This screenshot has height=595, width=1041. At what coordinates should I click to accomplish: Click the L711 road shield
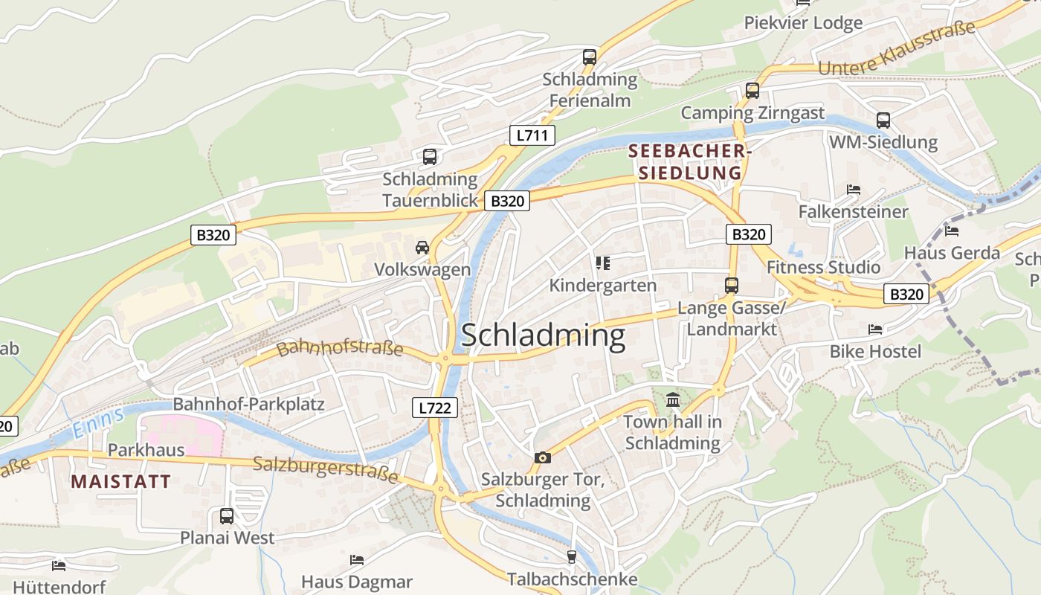pos(532,135)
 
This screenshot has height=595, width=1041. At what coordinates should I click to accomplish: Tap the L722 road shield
pos(434,407)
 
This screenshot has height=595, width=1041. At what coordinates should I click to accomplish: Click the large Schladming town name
pos(544,335)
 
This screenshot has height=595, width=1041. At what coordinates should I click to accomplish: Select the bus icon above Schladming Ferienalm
pos(590,57)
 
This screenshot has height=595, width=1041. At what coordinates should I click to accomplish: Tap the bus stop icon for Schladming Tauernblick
pos(430,156)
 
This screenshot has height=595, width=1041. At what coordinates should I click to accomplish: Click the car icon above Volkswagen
pos(422,247)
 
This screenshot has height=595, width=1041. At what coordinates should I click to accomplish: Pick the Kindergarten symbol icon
pos(602,263)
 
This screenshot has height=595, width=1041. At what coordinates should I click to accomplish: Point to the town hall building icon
pos(673,400)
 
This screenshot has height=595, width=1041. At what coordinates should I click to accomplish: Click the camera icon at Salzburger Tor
pos(543,457)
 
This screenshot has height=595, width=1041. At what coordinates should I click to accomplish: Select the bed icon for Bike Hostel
pos(875,329)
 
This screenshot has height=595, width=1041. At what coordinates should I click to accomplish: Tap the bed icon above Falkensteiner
pos(854,190)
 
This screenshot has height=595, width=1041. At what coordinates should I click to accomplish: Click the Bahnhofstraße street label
pos(340,347)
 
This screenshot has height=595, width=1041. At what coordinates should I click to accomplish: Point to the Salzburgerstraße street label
pos(326,469)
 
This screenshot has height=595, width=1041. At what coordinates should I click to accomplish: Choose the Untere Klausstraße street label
pos(896,49)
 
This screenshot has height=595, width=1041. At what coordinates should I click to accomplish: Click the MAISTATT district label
pos(121,481)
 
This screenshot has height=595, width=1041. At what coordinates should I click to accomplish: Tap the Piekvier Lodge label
pos(803,23)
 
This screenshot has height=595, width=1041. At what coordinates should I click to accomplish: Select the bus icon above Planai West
pos(227,515)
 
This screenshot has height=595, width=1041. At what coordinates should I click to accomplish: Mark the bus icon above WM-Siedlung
pos(883,120)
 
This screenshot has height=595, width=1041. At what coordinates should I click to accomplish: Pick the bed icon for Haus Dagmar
pos(357,559)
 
